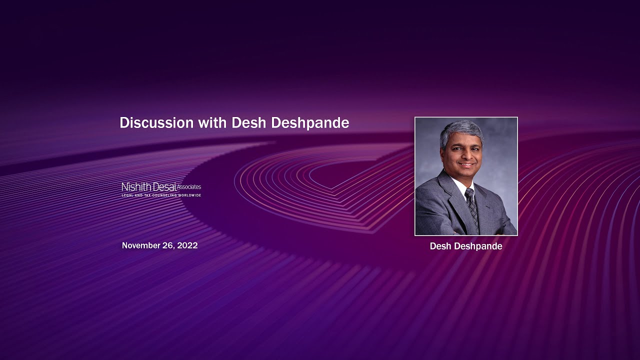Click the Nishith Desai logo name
pos(149,187)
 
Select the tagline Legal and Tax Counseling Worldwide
pos(161,195)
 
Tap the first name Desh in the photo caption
pos(439,246)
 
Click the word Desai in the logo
pos(164,187)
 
